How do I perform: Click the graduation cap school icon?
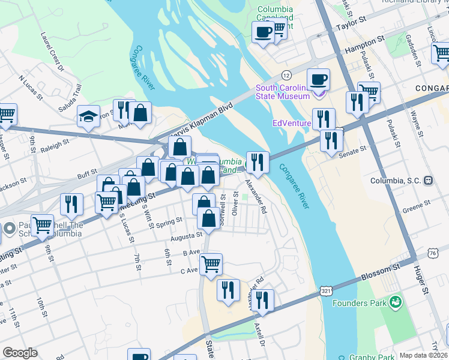point(88,116)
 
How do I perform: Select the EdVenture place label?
point(291,124)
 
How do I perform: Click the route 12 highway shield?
point(287,75)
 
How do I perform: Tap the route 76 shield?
point(433,254)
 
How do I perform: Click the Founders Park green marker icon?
point(395,304)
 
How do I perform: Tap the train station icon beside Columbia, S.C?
point(429,180)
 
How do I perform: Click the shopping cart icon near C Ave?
point(211,263)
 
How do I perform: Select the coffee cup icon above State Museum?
point(318,79)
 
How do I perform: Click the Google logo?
point(20,352)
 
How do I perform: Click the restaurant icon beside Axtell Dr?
point(262,300)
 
